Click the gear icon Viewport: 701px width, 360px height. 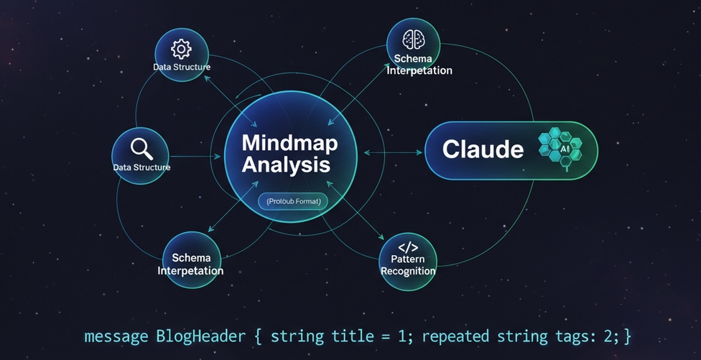[181, 49]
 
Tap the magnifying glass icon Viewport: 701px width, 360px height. [141, 148]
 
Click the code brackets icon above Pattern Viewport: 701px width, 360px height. [408, 247]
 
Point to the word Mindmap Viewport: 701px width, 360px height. [289, 142]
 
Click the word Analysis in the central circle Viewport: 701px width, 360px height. [286, 165]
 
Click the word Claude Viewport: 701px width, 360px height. [483, 149]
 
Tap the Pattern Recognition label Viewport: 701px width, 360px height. [408, 265]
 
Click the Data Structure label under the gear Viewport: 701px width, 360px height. [182, 67]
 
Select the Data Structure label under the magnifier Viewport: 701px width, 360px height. [141, 167]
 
